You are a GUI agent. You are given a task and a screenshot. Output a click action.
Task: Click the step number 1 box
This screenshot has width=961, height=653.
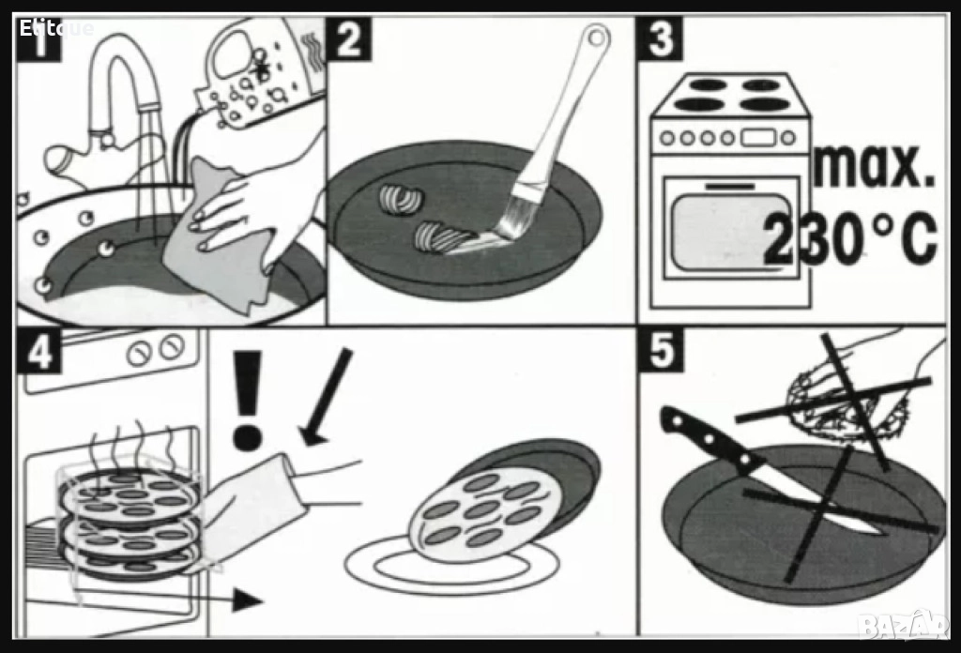(38, 39)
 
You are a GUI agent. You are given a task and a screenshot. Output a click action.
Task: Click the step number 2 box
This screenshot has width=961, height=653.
(349, 39)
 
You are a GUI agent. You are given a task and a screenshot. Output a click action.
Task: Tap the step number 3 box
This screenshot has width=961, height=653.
(660, 39)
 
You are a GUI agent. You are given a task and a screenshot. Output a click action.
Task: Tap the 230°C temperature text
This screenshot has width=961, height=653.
(850, 239)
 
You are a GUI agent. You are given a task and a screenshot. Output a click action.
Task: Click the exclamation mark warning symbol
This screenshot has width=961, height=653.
(248, 401)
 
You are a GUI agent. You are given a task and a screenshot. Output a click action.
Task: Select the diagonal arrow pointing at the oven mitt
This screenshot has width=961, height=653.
(326, 397)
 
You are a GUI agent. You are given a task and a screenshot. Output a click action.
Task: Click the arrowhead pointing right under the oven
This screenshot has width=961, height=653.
(248, 600)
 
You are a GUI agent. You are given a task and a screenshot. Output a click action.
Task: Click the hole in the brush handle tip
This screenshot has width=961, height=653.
(596, 38)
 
